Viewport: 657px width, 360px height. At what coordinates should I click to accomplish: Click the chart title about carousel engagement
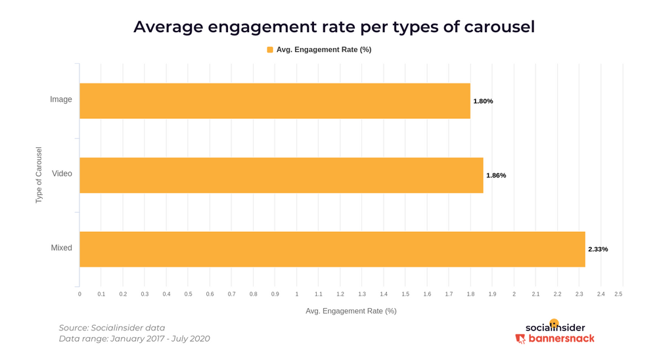click(x=334, y=27)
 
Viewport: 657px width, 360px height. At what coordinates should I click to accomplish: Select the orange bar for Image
click(x=275, y=101)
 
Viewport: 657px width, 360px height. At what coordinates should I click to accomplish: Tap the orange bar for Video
click(x=281, y=175)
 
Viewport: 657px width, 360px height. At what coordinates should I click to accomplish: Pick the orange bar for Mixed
click(x=332, y=249)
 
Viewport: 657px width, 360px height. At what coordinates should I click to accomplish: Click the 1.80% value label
click(x=483, y=101)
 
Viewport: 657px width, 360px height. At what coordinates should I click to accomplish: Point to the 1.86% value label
click(x=496, y=175)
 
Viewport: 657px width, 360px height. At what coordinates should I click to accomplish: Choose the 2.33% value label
click(x=598, y=250)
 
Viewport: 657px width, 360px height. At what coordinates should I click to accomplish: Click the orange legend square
click(x=270, y=50)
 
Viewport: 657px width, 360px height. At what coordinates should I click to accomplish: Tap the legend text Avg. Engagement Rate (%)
click(x=324, y=50)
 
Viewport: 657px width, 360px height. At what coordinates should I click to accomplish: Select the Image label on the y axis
click(x=61, y=100)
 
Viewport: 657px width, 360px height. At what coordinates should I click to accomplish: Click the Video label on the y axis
click(x=62, y=174)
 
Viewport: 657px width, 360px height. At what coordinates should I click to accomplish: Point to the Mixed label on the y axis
click(x=61, y=248)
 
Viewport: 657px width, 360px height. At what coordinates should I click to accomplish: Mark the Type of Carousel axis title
click(x=39, y=175)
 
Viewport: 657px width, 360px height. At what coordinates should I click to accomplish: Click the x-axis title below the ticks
click(x=351, y=311)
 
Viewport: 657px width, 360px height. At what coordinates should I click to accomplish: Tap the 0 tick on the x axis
click(x=79, y=294)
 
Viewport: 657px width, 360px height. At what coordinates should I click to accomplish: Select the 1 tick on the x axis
click(x=297, y=294)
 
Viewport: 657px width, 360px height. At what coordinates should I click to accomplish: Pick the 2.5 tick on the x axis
click(x=618, y=294)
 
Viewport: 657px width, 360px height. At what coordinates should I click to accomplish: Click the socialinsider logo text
click(x=555, y=327)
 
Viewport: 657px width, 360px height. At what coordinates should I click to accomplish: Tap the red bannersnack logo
click(x=555, y=339)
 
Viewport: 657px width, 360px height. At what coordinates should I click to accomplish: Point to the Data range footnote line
click(x=135, y=339)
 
